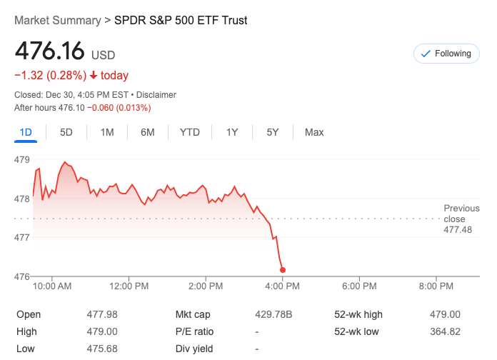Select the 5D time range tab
click(x=66, y=132)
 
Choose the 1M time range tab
click(x=107, y=132)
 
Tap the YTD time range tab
click(x=190, y=132)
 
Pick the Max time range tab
click(x=314, y=132)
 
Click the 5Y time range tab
click(x=273, y=132)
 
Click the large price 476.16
click(x=49, y=51)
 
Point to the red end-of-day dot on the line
click(x=283, y=270)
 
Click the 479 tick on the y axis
click(x=21, y=160)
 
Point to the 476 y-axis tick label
click(x=21, y=276)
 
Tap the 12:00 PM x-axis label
click(x=129, y=286)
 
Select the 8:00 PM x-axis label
click(x=436, y=286)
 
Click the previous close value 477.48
click(x=458, y=230)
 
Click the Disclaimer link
click(x=156, y=95)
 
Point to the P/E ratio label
click(x=194, y=331)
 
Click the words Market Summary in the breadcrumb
click(x=58, y=21)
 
